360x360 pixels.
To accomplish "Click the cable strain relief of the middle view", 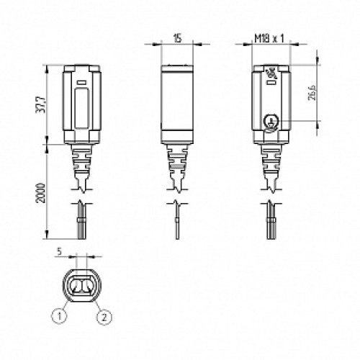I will (176, 166).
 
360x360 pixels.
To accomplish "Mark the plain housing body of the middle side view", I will (176, 104).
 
